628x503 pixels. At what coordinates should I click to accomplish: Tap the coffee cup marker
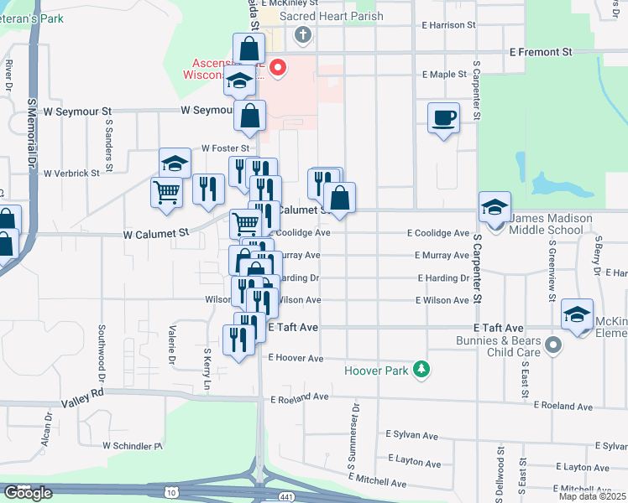pos(443,119)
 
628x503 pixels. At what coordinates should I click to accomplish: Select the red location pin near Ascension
pos(276,67)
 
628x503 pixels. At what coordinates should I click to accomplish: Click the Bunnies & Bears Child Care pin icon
pos(552,345)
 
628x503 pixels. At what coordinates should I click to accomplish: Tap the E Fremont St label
pos(541,52)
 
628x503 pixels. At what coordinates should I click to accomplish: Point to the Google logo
pos(28,493)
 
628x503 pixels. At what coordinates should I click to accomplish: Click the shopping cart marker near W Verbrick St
pos(166,192)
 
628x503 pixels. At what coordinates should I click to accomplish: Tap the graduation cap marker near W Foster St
pos(175,163)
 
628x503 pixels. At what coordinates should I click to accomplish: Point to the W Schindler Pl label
pos(133,447)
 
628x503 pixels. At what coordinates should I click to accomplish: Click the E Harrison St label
pos(448,26)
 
